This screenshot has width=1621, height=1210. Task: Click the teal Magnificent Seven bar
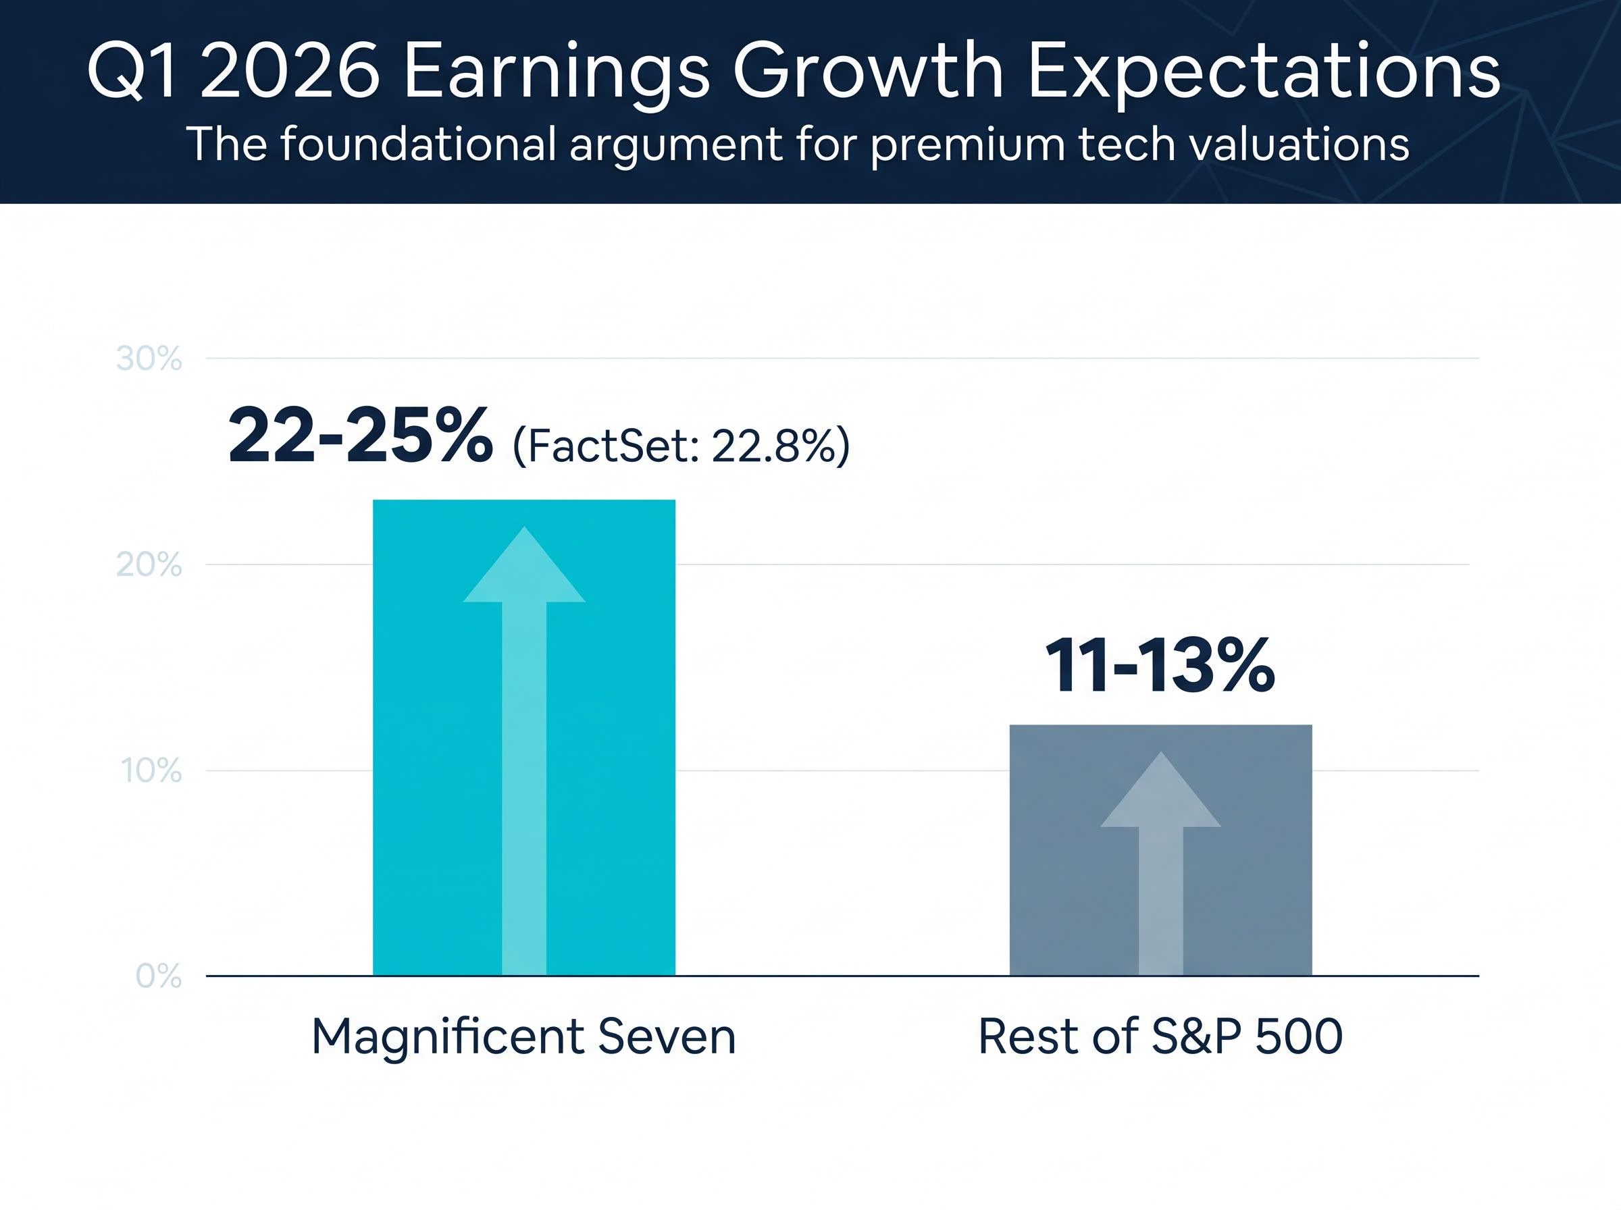(425, 733)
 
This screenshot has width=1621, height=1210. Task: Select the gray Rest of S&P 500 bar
(1062, 879)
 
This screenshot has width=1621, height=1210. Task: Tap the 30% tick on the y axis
(149, 359)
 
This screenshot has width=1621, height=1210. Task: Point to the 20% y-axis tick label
(149, 564)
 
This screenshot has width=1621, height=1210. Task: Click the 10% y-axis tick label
(151, 770)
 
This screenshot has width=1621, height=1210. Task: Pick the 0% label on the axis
(158, 976)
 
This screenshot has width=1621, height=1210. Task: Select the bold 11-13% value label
(1160, 666)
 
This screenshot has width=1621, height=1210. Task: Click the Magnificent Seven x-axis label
(523, 1036)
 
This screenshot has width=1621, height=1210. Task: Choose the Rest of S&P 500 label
(1160, 1036)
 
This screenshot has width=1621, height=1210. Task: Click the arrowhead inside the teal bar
(523, 568)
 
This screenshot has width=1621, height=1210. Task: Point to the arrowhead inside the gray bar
(1160, 793)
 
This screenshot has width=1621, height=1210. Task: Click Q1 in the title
(132, 72)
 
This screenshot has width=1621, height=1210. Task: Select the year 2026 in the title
(290, 72)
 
